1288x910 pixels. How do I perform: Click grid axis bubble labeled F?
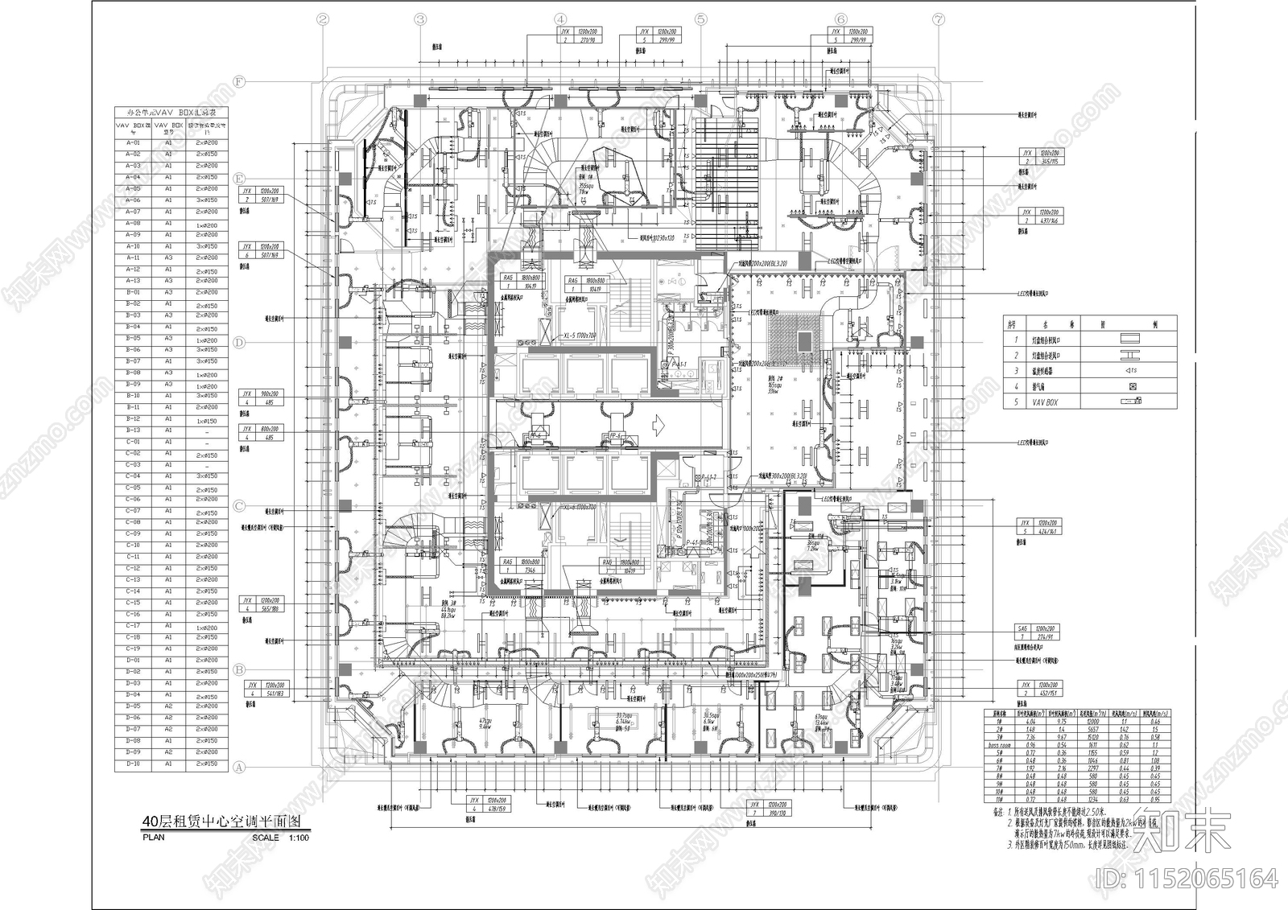[238, 81]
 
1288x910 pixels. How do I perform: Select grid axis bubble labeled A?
[238, 768]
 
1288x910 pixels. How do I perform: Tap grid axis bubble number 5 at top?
[700, 19]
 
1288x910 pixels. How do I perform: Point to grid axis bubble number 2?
[323, 19]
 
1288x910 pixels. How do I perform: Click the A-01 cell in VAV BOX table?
[133, 142]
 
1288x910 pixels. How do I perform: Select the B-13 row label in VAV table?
[133, 430]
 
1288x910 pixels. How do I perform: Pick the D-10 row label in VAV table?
[133, 764]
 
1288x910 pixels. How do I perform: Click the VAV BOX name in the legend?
[1045, 401]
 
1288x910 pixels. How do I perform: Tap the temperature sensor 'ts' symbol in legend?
[1130, 371]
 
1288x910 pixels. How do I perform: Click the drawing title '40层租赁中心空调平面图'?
[221, 822]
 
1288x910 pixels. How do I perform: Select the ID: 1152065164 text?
[1187, 877]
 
